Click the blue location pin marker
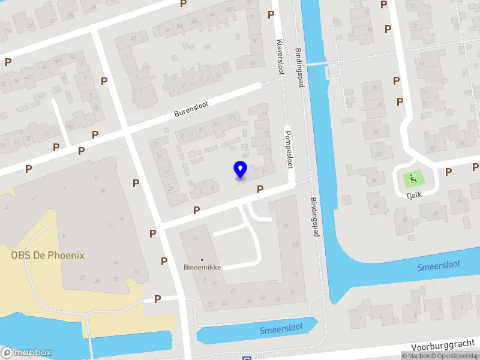[240, 170]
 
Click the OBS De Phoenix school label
[48, 255]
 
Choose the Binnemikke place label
[202, 268]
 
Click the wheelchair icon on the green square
[412, 178]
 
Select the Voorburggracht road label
[445, 346]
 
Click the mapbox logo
[26, 353]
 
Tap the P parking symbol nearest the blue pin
[260, 190]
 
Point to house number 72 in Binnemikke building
[209, 305]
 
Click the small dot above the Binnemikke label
[202, 260]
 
